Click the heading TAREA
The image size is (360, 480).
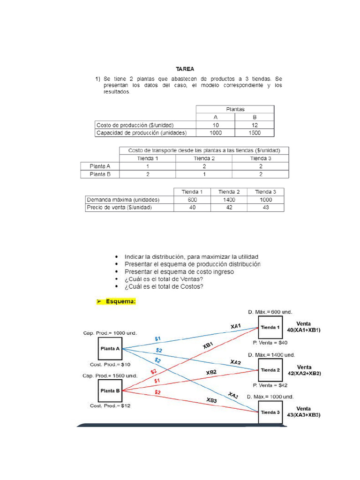pos(185,69)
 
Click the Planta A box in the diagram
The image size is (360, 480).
pos(110,348)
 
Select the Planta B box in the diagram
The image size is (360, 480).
pos(110,390)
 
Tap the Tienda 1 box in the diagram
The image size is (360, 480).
pos(270,328)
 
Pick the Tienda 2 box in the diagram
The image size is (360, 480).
pos(270,370)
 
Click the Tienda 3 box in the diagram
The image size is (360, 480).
pos(270,412)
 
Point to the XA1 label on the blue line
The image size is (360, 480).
pos(236,326)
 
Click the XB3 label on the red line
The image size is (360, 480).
pos(211,400)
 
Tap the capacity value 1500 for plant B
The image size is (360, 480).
pos(255,133)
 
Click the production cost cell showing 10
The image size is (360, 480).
pos(215,125)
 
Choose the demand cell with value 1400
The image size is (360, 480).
pos(229,199)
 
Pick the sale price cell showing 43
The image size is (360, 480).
pos(266,207)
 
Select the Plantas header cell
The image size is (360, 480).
pos(235,109)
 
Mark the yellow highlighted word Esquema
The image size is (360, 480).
pos(120,302)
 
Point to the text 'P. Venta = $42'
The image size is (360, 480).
pos(270,385)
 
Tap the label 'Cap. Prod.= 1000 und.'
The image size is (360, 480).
pos(110,333)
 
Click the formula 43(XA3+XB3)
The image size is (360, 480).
pos(304,415)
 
